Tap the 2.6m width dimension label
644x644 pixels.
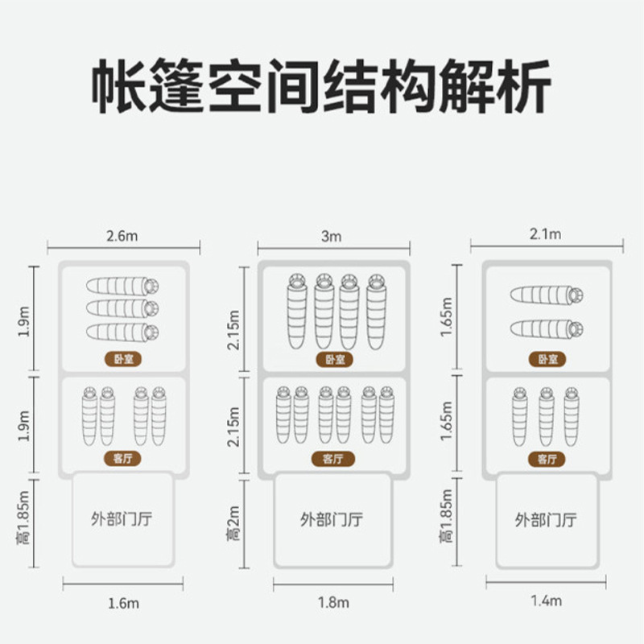tap(122, 237)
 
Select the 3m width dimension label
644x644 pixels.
tap(332, 236)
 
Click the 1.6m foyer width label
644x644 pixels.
tap(122, 602)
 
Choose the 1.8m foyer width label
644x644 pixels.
tap(333, 602)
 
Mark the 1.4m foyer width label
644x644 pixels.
tap(547, 601)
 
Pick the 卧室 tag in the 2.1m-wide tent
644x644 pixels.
tap(547, 360)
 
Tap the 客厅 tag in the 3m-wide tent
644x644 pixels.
tap(333, 460)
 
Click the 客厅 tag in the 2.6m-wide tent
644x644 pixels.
tap(123, 460)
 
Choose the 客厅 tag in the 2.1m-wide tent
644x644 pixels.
tap(547, 460)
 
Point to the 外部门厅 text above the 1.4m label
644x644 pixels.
tap(547, 519)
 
